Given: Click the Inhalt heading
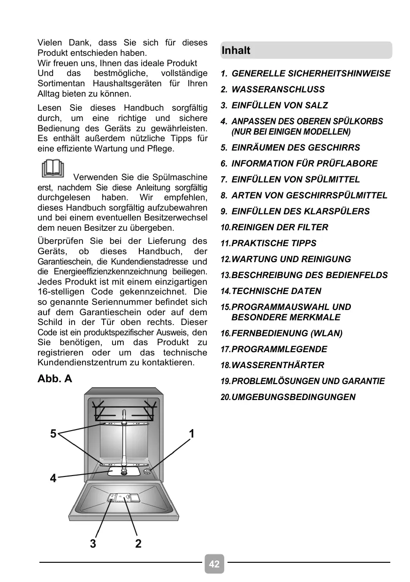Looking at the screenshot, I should [236, 51].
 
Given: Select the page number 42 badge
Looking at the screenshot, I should [214, 564].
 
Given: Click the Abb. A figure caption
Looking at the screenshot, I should [55, 378].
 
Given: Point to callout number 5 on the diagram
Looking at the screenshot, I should [53, 434].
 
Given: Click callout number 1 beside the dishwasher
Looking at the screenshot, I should [192, 434].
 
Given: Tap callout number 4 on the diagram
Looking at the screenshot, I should [53, 478].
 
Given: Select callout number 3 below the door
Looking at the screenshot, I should [93, 544].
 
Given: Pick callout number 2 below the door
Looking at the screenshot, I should [138, 544].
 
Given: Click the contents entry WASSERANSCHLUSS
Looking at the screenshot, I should [278, 90].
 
